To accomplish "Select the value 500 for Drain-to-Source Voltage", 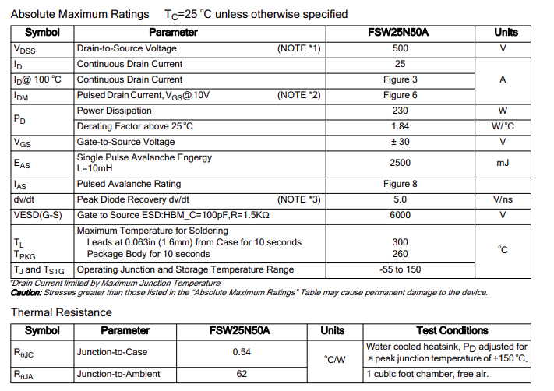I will (400, 48).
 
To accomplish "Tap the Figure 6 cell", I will (400, 95).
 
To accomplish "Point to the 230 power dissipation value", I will (400, 111).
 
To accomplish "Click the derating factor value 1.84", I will (400, 126).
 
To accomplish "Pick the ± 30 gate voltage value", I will (400, 142).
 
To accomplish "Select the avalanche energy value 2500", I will (400, 163).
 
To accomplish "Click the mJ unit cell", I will (503, 163).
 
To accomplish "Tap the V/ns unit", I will (503, 199).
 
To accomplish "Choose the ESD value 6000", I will (400, 215).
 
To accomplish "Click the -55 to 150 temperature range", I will (400, 269).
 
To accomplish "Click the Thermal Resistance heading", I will (61, 312).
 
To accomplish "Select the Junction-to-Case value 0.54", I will (241, 352).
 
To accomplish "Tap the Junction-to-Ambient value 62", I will (241, 374).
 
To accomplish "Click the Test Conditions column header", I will (452, 330).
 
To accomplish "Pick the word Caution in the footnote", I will (27, 293).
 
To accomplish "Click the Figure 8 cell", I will (400, 184).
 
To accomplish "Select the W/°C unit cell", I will (503, 126).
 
